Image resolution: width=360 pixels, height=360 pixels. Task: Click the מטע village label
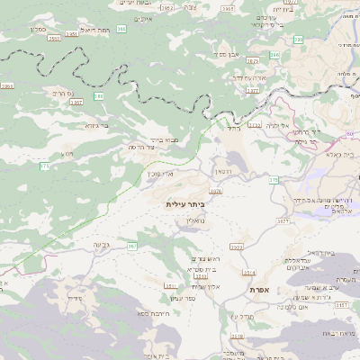click(x=67, y=154)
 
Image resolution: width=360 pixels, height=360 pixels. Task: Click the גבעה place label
click(x=102, y=244)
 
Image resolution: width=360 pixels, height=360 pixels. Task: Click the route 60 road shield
click(x=350, y=133)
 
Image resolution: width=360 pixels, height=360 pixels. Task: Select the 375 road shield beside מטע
click(x=44, y=166)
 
